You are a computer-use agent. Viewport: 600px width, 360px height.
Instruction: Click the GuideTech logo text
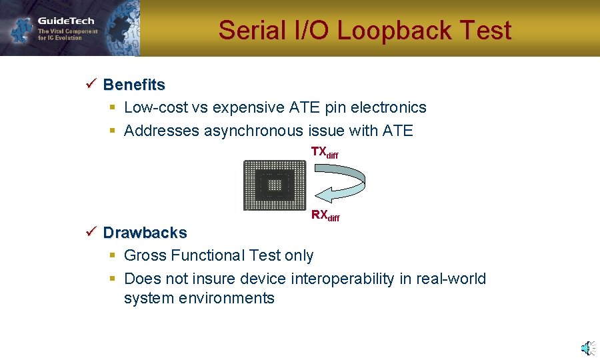tap(66, 21)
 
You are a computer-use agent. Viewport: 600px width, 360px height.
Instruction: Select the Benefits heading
tap(134, 85)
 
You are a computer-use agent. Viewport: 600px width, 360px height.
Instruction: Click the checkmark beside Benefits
tap(91, 84)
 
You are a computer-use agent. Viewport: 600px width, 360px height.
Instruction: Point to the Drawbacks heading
tap(145, 233)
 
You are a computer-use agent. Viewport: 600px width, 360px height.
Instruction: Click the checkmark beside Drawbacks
tap(91, 232)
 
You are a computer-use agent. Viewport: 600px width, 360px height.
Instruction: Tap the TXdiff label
tap(325, 153)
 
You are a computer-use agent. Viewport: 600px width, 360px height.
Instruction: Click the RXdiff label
tap(325, 216)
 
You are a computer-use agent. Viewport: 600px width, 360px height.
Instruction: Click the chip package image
tap(274, 185)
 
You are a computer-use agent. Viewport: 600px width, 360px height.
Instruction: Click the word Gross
tap(145, 255)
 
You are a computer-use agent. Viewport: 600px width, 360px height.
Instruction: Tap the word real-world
tap(451, 279)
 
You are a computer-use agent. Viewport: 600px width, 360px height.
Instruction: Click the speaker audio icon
tap(587, 348)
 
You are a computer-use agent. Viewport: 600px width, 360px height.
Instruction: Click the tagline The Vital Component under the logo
tap(67, 31)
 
